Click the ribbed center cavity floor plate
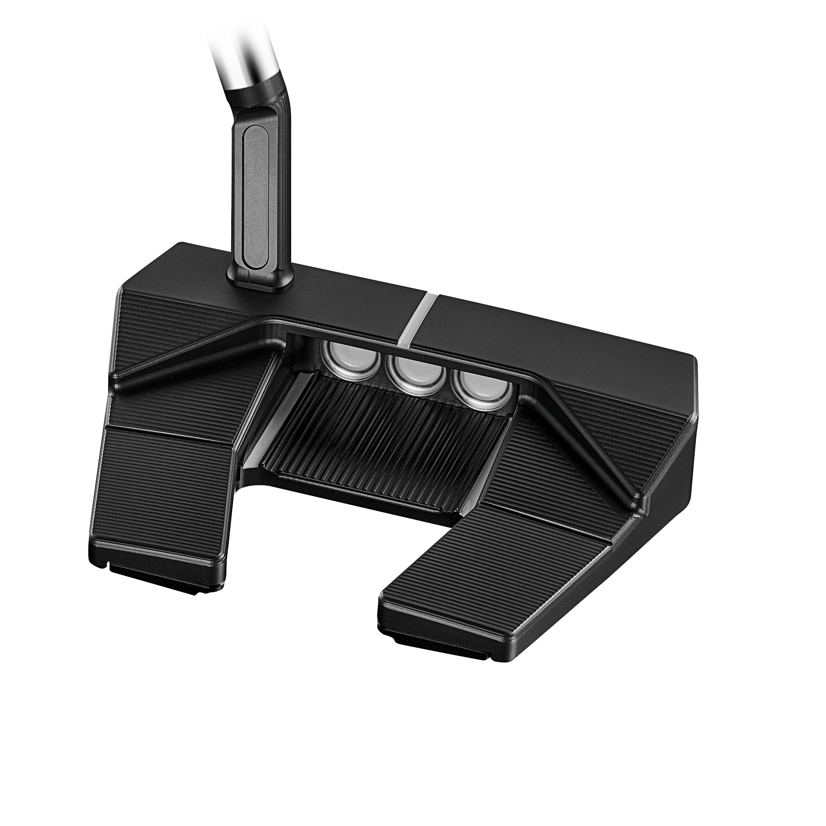376,440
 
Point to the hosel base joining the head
261,280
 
